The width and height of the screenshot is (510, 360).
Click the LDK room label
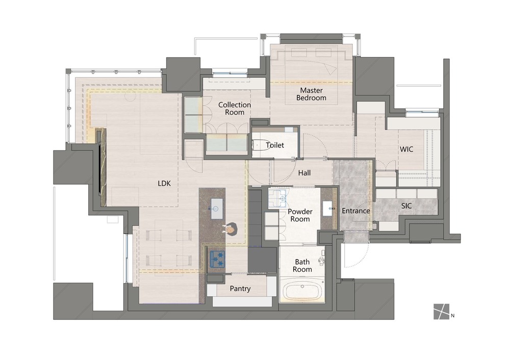pos(164,184)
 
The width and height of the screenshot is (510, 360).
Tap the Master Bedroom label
pos(311,94)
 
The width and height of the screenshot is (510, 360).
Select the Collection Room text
pos(235,109)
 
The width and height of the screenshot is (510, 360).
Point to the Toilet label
pos(275,145)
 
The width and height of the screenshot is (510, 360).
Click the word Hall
pos(304,173)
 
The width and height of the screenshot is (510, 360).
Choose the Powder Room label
pos(300,215)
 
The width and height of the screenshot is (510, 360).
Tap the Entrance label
pos(356,211)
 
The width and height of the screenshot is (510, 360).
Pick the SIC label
pos(406,206)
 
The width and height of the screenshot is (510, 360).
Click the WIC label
pos(406,149)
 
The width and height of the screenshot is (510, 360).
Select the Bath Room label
pos(302,266)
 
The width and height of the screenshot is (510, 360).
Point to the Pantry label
pos(240,289)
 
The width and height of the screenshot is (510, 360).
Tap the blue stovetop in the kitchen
pos(217,259)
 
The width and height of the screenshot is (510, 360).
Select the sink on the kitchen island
pos(217,208)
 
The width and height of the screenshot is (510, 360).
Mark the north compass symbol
pos(441,312)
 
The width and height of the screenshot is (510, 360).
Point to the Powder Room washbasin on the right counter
pos(327,208)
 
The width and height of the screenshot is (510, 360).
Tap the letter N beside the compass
pos(453,316)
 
